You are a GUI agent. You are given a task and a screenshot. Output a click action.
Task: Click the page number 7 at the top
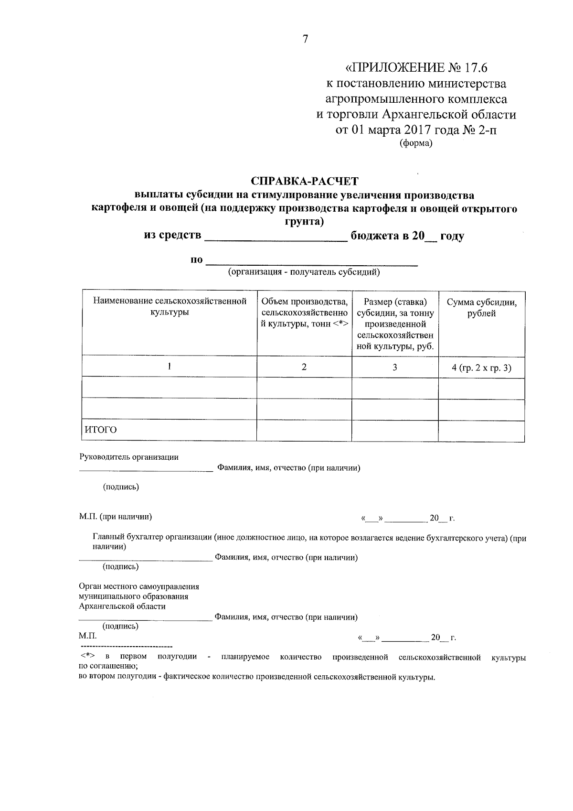click(x=305, y=40)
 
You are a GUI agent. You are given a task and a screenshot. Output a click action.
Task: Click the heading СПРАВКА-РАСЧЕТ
click(x=304, y=182)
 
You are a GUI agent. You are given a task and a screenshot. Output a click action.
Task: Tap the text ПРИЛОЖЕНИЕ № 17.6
click(x=415, y=67)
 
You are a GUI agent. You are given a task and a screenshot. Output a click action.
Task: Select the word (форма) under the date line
click(x=415, y=143)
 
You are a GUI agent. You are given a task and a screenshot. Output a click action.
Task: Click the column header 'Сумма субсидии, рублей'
click(x=481, y=308)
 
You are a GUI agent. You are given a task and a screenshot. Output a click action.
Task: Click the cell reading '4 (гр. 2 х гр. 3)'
click(x=481, y=368)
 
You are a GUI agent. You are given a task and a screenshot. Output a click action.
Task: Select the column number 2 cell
click(x=304, y=367)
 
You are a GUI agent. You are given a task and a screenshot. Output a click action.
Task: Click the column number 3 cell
click(x=395, y=367)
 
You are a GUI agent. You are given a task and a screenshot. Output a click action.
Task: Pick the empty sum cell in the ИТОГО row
click(x=481, y=430)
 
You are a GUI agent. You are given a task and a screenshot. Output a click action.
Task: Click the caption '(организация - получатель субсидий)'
click(x=304, y=272)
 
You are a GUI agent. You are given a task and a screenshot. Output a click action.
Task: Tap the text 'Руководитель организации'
click(x=129, y=457)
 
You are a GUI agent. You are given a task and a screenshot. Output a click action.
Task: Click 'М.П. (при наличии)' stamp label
click(x=116, y=517)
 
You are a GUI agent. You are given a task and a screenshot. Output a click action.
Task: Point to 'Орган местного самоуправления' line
click(x=139, y=586)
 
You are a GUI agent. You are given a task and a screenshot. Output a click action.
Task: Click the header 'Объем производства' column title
click(x=304, y=302)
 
